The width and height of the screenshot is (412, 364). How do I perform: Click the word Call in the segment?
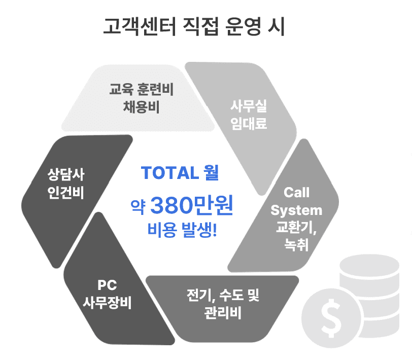[297, 193]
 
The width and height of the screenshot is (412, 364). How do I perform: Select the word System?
[297, 210]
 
